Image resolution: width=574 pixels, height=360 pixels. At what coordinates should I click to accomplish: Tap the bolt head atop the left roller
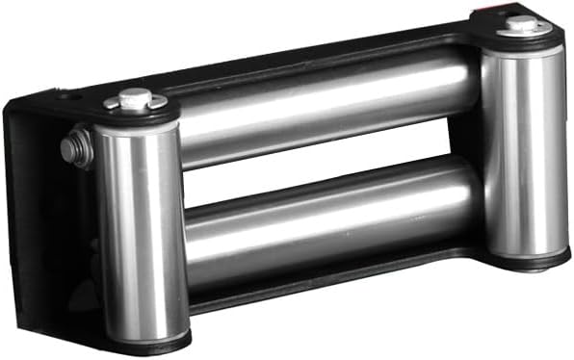click(x=136, y=96)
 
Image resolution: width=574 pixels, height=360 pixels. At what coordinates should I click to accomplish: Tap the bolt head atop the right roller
click(x=522, y=22)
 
